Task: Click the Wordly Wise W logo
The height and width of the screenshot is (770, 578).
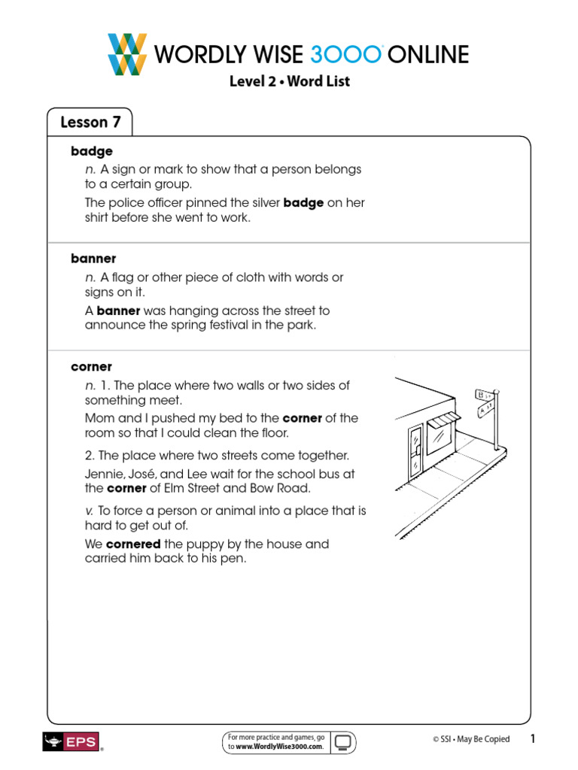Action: pos(127,54)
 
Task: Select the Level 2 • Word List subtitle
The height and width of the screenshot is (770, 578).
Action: pos(289,81)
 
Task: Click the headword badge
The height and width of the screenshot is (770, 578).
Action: pos(92,151)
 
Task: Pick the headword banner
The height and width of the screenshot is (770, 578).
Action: pos(93,259)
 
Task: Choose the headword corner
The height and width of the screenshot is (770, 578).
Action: pos(91,367)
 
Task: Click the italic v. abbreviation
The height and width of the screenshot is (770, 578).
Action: pos(90,511)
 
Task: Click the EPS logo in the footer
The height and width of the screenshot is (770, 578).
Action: pos(71,741)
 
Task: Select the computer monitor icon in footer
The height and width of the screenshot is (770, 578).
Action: pos(343,741)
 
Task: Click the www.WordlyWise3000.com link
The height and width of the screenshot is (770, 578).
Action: pos(280,747)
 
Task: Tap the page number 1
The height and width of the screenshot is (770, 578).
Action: pos(532,739)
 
